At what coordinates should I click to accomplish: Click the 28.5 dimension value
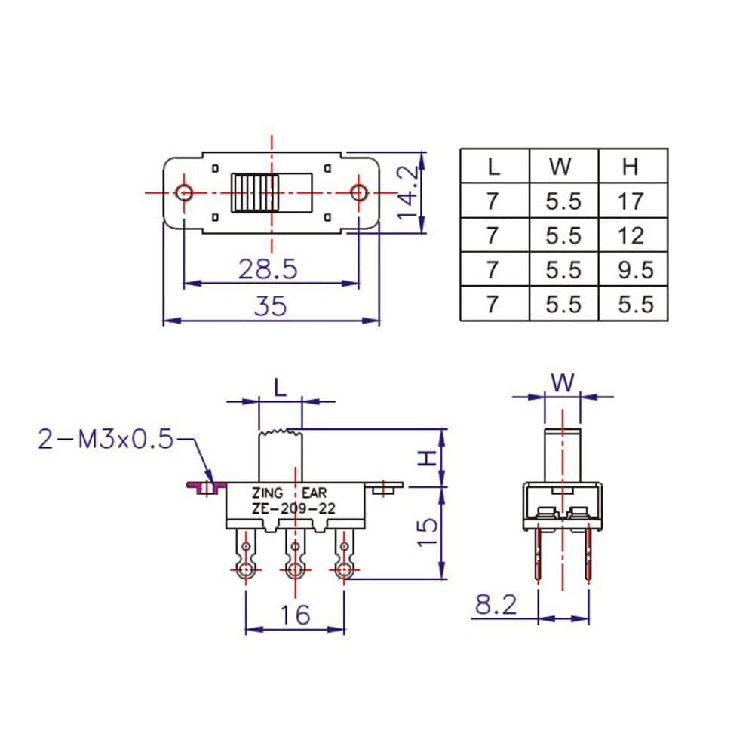[269, 269]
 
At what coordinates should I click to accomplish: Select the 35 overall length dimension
[270, 307]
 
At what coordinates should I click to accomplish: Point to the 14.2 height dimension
[409, 193]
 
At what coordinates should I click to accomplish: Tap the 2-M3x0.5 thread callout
[106, 439]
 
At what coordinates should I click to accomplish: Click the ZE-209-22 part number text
[293, 509]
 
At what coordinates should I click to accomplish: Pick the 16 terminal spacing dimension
[295, 615]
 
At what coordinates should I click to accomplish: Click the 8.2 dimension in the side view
[496, 605]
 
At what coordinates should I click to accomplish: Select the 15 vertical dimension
[427, 534]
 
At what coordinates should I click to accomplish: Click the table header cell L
[494, 166]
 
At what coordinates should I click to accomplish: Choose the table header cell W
[563, 166]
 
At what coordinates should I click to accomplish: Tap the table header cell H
[632, 166]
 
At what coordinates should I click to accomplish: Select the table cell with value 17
[632, 201]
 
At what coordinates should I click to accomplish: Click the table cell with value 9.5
[632, 269]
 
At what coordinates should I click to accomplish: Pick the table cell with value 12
[632, 235]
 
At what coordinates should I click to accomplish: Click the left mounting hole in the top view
[183, 192]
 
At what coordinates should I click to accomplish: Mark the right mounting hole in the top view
[358, 192]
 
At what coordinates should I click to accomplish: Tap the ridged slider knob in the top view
[255, 193]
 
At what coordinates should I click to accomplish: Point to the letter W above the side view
[563, 383]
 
